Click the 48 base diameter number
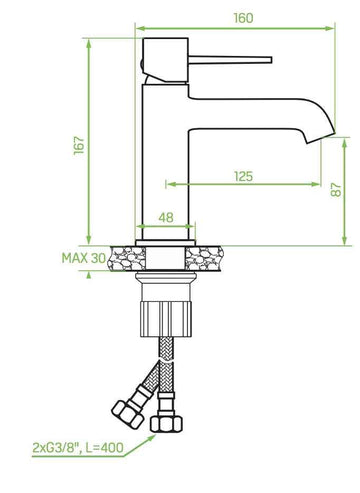coord(166,217)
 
